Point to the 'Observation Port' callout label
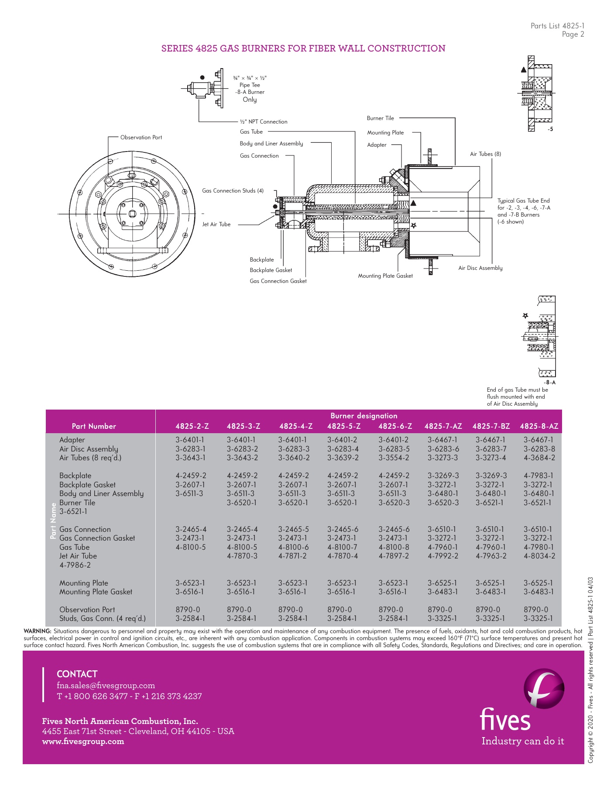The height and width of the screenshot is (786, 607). pyautogui.click(x=141, y=138)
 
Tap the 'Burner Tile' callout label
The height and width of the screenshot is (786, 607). pyautogui.click(x=380, y=118)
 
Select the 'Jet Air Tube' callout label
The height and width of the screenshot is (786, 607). pyautogui.click(x=216, y=224)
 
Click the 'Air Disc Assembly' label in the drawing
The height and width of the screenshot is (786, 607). pyautogui.click(x=480, y=268)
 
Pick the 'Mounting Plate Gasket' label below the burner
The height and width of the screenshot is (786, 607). pyautogui.click(x=385, y=276)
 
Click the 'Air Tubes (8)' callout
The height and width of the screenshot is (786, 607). pyautogui.click(x=485, y=154)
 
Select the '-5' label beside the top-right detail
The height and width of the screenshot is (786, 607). pyautogui.click(x=550, y=130)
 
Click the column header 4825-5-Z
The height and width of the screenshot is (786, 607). pyautogui.click(x=344, y=426)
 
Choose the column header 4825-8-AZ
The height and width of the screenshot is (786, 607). pyautogui.click(x=539, y=426)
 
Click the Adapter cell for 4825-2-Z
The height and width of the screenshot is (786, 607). pyautogui.click(x=190, y=440)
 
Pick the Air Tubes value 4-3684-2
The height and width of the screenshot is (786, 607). pyautogui.click(x=539, y=458)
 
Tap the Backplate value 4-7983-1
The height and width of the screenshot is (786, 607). pyautogui.click(x=538, y=476)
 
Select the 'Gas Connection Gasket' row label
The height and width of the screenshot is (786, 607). pyautogui.click(x=97, y=538)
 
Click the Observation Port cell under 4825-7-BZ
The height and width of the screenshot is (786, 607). pyautogui.click(x=487, y=610)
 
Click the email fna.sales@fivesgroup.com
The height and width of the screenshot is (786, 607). pyautogui.click(x=106, y=686)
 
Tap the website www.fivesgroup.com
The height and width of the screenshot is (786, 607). pyautogui.click(x=83, y=741)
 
